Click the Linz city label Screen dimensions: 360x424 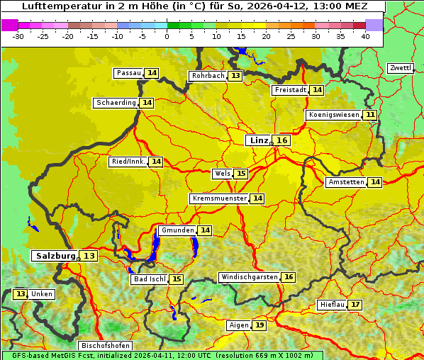coord(259,140)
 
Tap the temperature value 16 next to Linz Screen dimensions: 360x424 coord(282,140)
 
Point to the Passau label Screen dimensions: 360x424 coord(129,73)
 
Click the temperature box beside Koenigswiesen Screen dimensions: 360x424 coord(370,115)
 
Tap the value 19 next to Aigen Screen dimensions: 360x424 coord(260,325)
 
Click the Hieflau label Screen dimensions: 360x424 coord(332,305)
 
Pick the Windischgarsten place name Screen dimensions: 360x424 coord(249,277)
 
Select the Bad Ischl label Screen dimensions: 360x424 coord(149,279)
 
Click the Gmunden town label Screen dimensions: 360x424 coord(177,230)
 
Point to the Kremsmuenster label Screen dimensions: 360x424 coord(219,198)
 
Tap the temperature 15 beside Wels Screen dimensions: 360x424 coord(241,174)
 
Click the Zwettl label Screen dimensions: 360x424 coord(400,68)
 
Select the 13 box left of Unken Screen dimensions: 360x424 coord(21,294)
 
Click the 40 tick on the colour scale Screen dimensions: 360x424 coord(364,36)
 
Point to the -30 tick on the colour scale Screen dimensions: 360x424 coord(18,36)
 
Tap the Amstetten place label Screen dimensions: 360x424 coord(346,182)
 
